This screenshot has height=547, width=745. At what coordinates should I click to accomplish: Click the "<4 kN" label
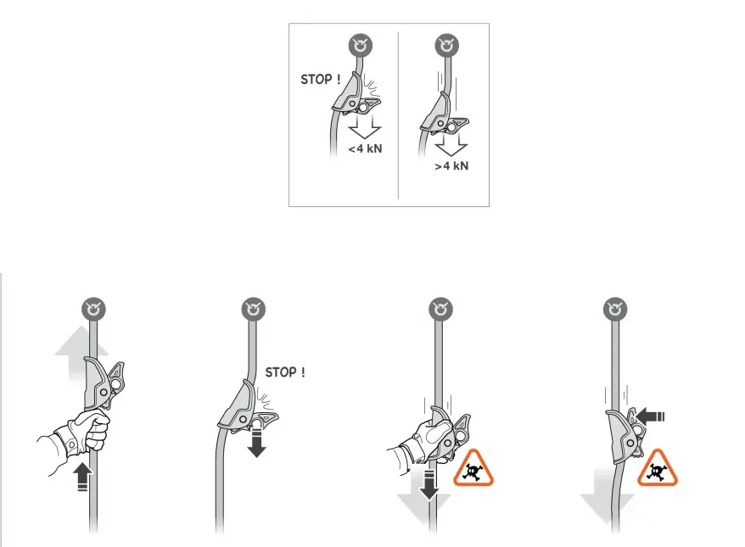pos(366,150)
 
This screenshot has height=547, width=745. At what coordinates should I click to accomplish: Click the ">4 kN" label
pos(451,166)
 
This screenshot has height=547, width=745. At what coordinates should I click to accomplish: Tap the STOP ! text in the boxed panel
pos(322,80)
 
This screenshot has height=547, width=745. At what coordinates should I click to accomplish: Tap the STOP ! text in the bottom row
pos(285,371)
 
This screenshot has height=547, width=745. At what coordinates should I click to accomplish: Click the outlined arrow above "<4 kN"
pos(365,127)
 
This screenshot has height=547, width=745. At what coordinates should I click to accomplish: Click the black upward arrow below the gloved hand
pos(81,477)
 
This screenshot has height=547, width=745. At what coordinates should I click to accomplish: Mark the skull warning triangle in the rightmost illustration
pos(653,469)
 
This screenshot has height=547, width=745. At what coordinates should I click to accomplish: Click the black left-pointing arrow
pos(653,416)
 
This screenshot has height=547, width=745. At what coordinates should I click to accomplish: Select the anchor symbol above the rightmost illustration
pos(615,310)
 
